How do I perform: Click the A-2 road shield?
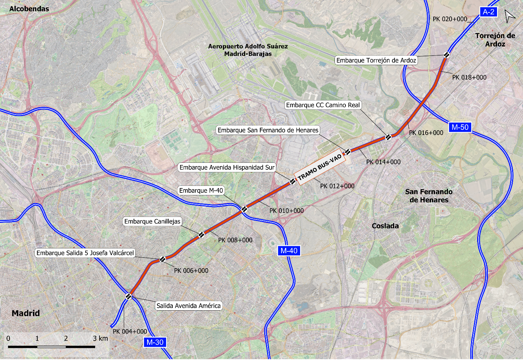click(488, 12)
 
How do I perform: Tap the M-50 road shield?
click(460, 127)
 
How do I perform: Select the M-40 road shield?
click(289, 251)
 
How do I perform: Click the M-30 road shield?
click(155, 342)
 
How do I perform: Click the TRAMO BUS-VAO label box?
click(320, 168)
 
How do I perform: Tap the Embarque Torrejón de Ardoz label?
click(376, 60)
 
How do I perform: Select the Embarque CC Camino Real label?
click(323, 105)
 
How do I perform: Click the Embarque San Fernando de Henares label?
click(268, 130)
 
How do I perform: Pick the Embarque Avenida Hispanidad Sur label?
click(227, 168)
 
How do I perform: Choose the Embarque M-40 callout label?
click(201, 191)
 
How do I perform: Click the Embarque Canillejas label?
click(152, 221)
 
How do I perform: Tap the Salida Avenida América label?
click(188, 306)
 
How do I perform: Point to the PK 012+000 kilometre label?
click(337, 186)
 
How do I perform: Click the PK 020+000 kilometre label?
click(450, 19)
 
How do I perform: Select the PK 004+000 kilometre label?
click(130, 331)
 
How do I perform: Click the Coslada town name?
click(385, 226)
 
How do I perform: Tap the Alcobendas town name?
click(29, 9)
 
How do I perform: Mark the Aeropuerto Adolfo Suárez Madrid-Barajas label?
click(248, 50)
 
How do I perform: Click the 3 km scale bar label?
click(100, 338)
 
